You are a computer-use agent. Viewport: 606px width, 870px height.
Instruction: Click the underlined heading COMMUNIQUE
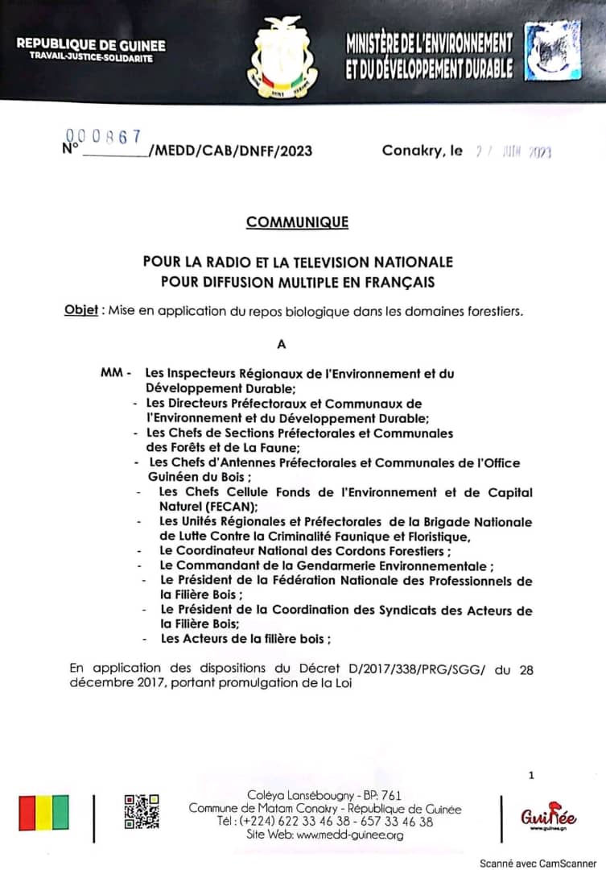pos(297,222)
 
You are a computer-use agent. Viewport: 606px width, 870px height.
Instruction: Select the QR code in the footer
pos(141,811)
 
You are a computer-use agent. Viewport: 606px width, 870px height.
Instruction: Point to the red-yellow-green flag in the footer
pos(43,813)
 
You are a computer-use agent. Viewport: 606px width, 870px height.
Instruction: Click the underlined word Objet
pos(80,311)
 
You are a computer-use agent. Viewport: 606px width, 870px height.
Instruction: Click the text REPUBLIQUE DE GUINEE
pos(91,44)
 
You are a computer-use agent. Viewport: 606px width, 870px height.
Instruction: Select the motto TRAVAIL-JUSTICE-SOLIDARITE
pos(90,58)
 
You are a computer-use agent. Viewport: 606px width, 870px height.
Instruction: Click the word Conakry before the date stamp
pos(412,151)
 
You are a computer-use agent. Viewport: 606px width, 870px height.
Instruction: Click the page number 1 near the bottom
pos(531,775)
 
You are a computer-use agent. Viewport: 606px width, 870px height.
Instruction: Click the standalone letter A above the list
pos(281,344)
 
